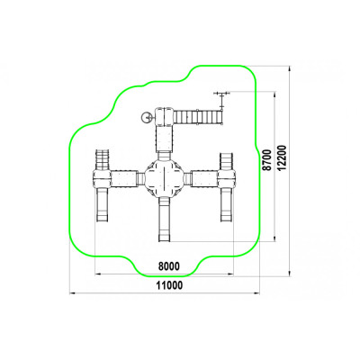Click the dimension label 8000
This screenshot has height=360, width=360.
pyautogui.click(x=168, y=266)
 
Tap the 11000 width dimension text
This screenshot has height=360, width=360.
pyautogui.click(x=169, y=285)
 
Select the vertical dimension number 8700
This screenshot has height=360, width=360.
pyautogui.click(x=267, y=160)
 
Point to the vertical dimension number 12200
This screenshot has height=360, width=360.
pyautogui.click(x=282, y=158)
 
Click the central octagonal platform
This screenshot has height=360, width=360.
pyautogui.click(x=164, y=178)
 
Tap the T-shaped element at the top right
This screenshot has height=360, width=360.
pyautogui.click(x=222, y=99)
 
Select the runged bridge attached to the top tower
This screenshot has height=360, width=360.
pyautogui.click(x=198, y=116)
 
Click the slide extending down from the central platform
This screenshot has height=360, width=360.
pyautogui.click(x=164, y=219)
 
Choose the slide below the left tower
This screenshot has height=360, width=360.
pyautogui.click(x=102, y=205)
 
